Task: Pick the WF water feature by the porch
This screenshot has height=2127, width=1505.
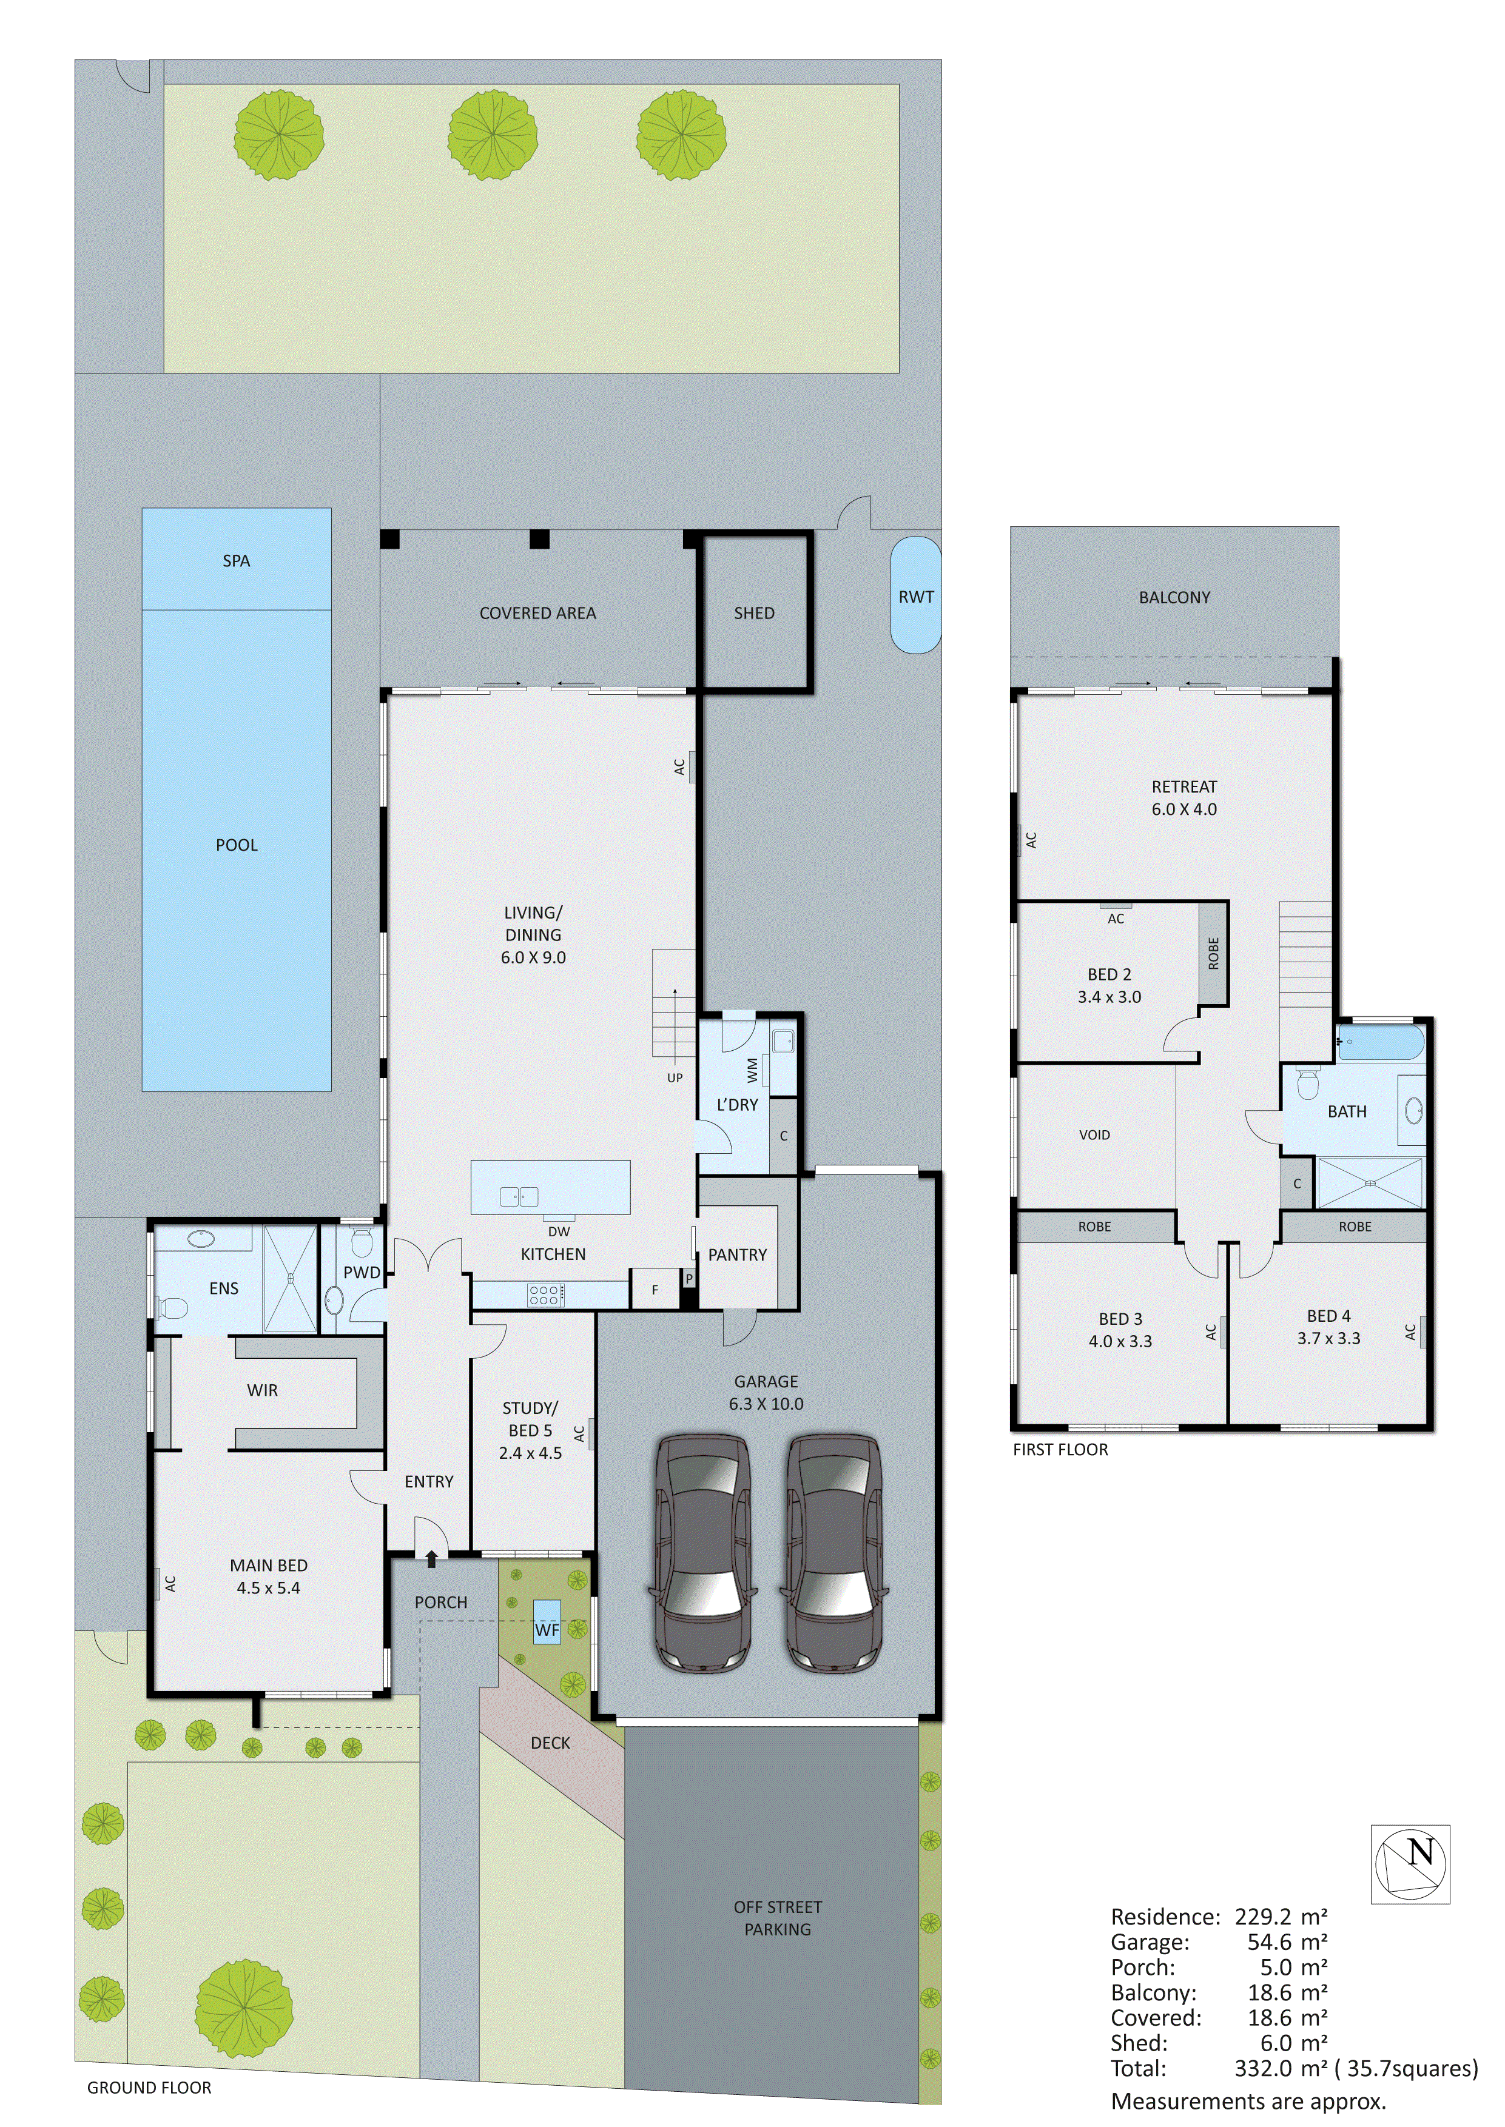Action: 547,1630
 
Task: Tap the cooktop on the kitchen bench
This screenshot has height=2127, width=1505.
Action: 545,1294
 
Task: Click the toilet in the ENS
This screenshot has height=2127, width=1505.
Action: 172,1308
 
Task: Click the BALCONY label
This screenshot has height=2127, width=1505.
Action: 1174,597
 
